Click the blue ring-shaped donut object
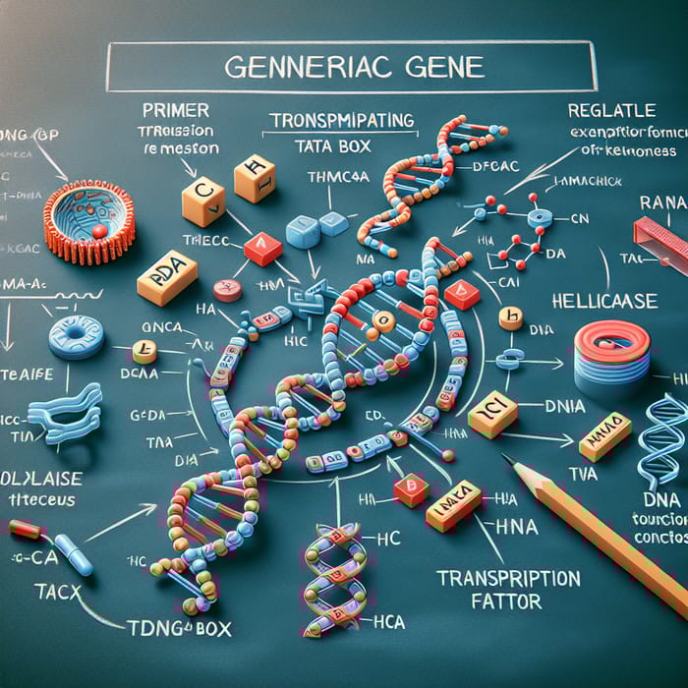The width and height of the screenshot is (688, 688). [76, 336]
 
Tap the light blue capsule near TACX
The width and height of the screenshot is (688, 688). [73, 553]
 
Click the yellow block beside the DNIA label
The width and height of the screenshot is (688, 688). [492, 417]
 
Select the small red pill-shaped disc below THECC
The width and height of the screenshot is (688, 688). [227, 291]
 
